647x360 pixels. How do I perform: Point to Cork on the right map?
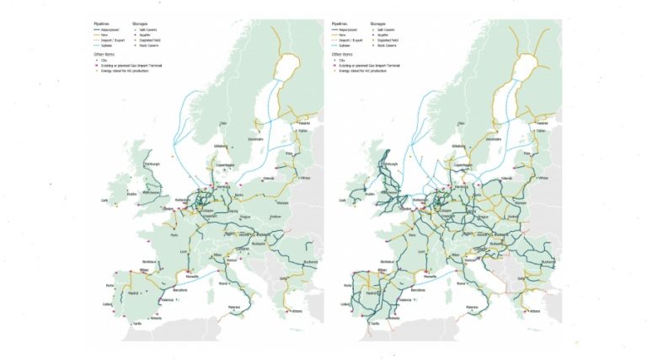click(344, 201)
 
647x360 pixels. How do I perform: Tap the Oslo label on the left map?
click(222, 125)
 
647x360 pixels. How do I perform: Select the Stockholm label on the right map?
click(489, 139)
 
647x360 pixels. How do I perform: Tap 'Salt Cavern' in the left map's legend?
click(152, 29)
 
